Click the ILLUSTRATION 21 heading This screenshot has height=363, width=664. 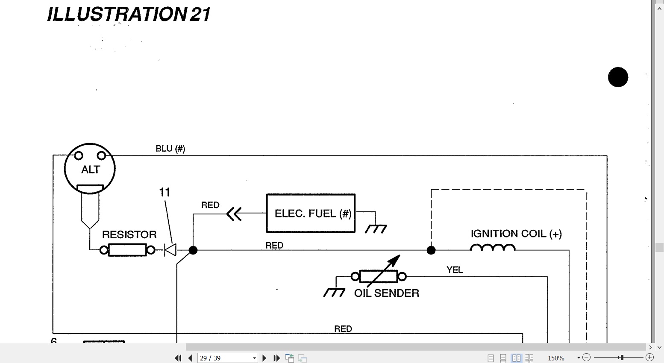[x=129, y=14]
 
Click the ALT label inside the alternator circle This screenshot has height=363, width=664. [x=91, y=170]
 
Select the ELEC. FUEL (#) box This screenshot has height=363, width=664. [x=311, y=214]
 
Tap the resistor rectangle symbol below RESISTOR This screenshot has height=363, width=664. [x=127, y=250]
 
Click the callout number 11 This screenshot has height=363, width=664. [x=165, y=192]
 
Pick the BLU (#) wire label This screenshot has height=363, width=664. [x=170, y=149]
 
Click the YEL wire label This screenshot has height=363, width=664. [x=455, y=269]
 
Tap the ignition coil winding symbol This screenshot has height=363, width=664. [x=493, y=247]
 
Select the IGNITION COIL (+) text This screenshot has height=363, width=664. [x=516, y=234]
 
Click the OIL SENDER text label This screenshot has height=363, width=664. [x=387, y=293]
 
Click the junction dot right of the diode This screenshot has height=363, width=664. [x=193, y=250]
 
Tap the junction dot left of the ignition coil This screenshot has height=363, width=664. [x=431, y=250]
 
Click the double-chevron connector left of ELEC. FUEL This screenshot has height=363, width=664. [x=234, y=214]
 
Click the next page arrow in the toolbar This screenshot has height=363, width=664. [x=264, y=358]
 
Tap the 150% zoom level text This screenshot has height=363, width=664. [x=556, y=358]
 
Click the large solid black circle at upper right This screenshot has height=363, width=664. [x=618, y=77]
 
